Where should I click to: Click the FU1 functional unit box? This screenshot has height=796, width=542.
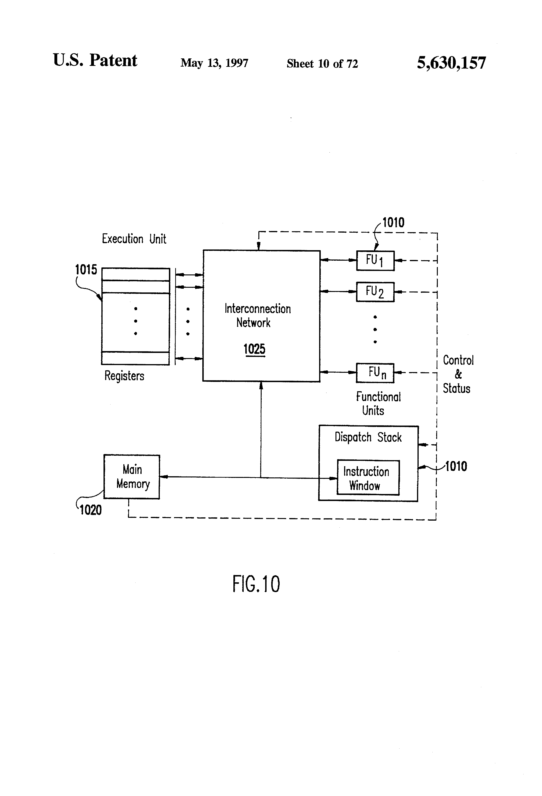tap(375, 261)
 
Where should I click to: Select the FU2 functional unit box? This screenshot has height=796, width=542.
tap(375, 292)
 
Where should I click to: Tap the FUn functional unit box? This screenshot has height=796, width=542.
tap(375, 373)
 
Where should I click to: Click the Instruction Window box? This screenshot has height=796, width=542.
tap(368, 478)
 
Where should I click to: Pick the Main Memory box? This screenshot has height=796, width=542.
tap(132, 476)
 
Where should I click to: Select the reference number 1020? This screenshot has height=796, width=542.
tap(90, 510)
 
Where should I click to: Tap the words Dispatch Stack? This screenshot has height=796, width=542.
tap(368, 437)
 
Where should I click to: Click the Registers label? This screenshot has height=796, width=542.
tap(124, 376)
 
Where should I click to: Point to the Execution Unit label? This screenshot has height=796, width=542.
tap(134, 239)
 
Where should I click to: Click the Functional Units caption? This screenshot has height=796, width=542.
tap(378, 403)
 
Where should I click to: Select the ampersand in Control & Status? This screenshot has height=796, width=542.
tap(458, 374)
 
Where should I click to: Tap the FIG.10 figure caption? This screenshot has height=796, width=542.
tap(256, 584)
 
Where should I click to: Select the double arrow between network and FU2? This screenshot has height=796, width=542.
tap(338, 291)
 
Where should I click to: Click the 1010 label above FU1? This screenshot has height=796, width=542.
tap(393, 223)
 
